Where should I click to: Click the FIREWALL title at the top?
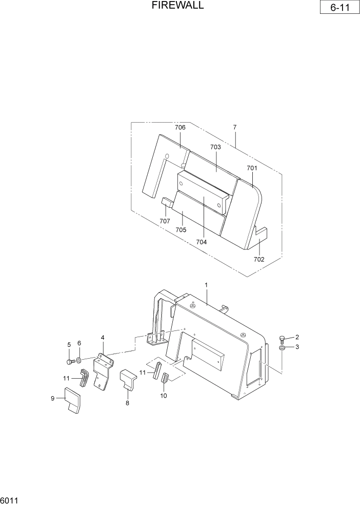pos(178,6)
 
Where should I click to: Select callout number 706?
pos(180,127)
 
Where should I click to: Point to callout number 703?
pos(215,147)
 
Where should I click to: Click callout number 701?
pos(252,168)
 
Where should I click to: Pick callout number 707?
pos(165,221)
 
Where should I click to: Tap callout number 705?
pos(181,229)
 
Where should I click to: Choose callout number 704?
pos(202,242)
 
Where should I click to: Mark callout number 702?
pos(259,259)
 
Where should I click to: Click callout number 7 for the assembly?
pos(234,127)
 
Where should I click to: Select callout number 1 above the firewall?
pos(206,284)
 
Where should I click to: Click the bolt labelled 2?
pos(282,338)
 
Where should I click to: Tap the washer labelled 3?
pos(282,349)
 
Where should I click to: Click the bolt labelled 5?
pos(70,362)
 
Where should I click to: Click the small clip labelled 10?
pos(165,380)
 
